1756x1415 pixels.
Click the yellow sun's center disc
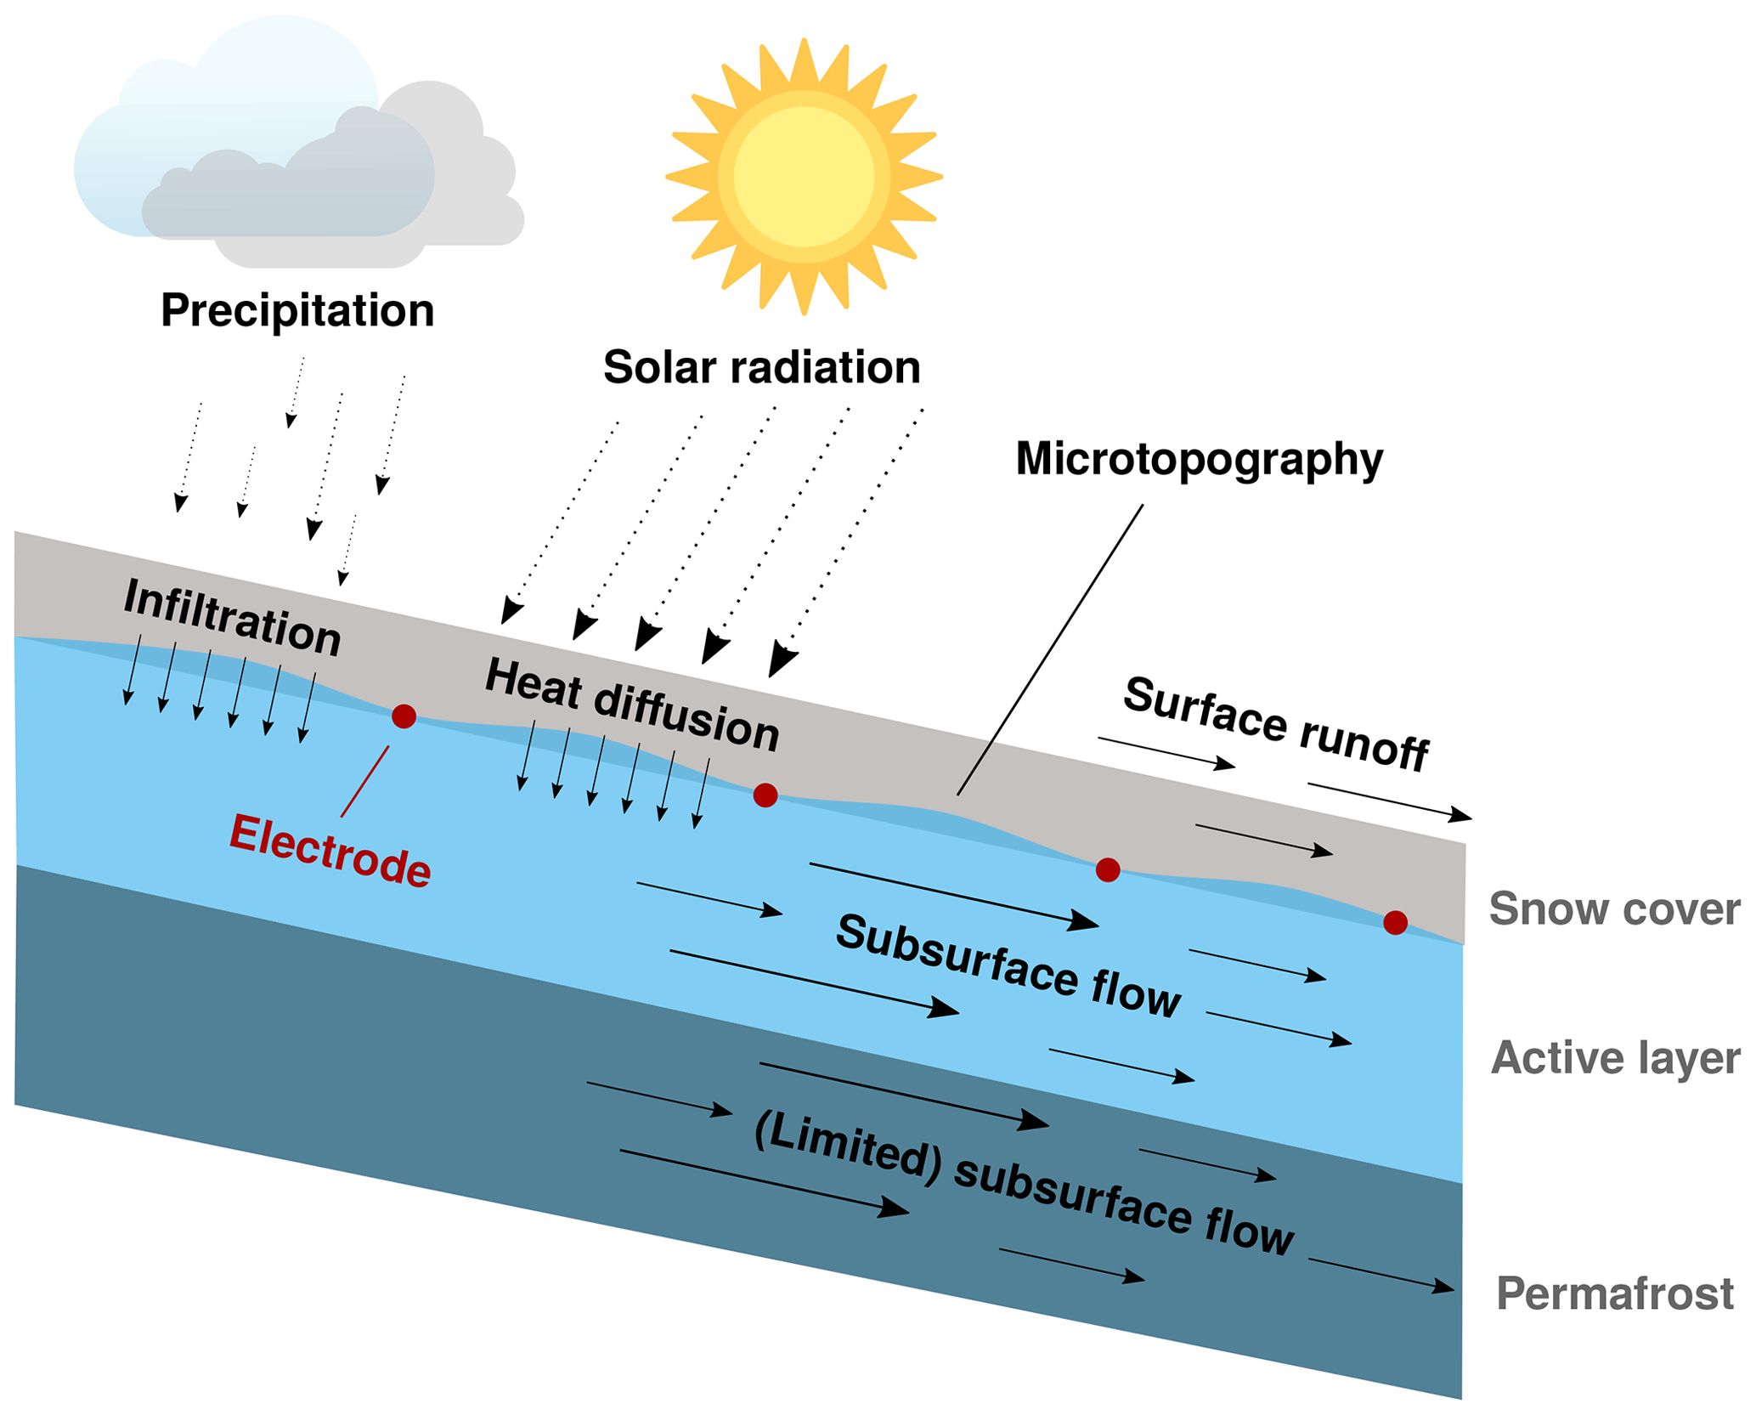[x=804, y=177]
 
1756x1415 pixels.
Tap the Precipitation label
[x=297, y=310]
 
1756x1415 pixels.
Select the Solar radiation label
[x=762, y=367]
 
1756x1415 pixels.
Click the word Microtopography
[x=1199, y=459]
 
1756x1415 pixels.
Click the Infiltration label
[x=232, y=618]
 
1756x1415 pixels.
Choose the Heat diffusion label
[x=632, y=706]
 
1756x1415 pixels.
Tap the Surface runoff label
[x=1276, y=724]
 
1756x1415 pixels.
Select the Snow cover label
[x=1614, y=908]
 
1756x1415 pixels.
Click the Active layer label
[x=1615, y=1058]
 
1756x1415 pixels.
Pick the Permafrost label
[x=1614, y=1293]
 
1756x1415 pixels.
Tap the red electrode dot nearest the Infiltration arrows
[x=404, y=716]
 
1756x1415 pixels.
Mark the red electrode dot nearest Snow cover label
[x=1395, y=922]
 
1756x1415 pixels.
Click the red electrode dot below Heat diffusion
[x=765, y=795]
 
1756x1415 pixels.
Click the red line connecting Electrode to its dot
[x=365, y=782]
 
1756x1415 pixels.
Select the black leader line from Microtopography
[x=1050, y=650]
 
